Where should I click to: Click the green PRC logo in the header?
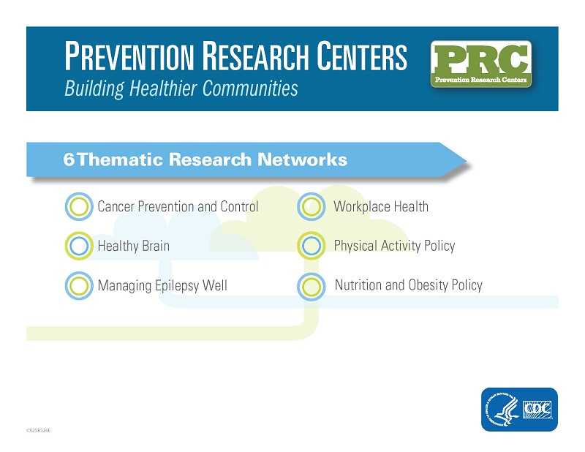coord(481,64)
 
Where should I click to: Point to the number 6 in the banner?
coord(68,159)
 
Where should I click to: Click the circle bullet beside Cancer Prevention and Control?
coord(77,207)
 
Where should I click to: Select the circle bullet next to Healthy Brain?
coord(77,246)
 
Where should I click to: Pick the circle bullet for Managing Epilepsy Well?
coord(77,285)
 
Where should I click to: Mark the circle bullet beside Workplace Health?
coord(311,207)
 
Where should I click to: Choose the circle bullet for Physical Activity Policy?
coord(311,246)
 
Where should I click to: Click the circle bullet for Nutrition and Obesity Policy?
coord(311,286)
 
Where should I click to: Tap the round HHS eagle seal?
coord(503,410)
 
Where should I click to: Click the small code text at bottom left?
coord(38,431)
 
